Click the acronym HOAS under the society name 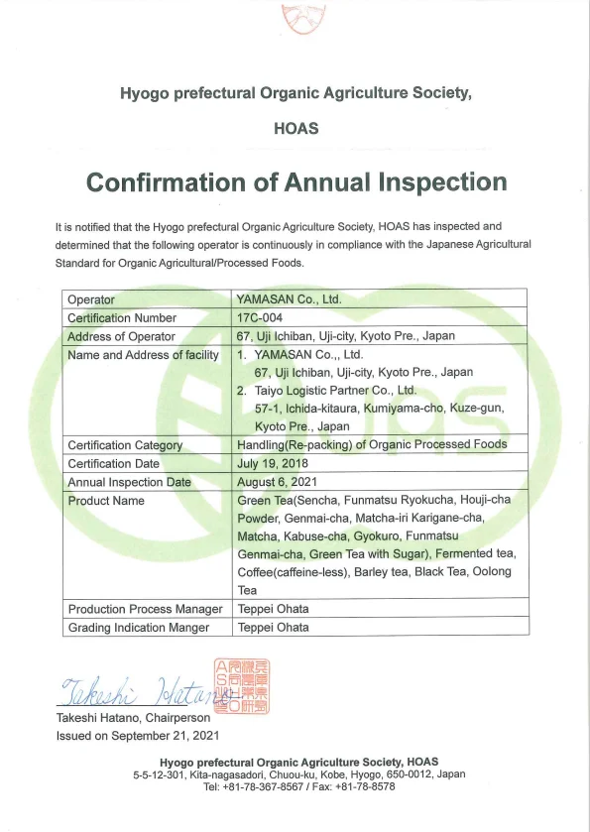pyautogui.click(x=295, y=129)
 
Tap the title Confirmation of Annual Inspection pyautogui.click(x=296, y=182)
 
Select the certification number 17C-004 pyautogui.click(x=261, y=318)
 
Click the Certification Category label pyautogui.click(x=125, y=445)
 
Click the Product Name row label pyautogui.click(x=106, y=501)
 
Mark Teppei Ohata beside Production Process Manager pyautogui.click(x=273, y=609)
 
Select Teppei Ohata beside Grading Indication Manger pyautogui.click(x=273, y=628)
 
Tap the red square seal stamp pyautogui.click(x=241, y=684)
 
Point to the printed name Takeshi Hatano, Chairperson pyautogui.click(x=133, y=718)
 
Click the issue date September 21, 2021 pyautogui.click(x=138, y=735)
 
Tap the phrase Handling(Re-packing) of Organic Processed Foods pyautogui.click(x=372, y=445)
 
